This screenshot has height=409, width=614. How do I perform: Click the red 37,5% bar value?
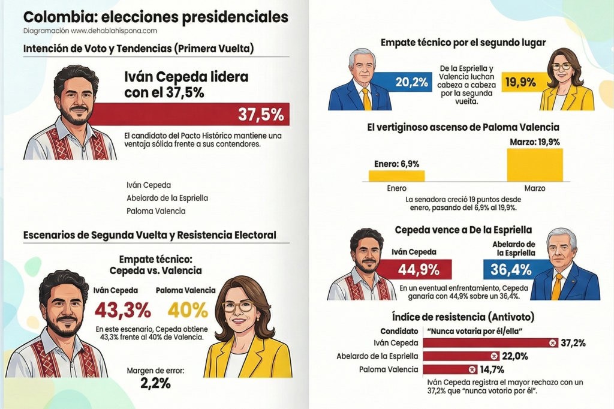[260, 115]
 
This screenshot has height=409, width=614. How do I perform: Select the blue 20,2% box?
[411, 83]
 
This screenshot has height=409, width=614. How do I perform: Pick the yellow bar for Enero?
[396, 176]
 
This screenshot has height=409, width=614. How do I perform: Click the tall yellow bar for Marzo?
[535, 165]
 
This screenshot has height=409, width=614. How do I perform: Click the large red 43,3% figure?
[122, 310]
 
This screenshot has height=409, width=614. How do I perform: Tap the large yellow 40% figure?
[188, 310]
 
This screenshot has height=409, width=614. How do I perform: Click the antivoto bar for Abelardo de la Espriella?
[462, 356]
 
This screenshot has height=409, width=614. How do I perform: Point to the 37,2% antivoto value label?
[573, 343]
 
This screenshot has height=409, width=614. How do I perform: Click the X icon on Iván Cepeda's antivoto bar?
[552, 343]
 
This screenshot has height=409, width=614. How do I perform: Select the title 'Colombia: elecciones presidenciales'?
[155, 17]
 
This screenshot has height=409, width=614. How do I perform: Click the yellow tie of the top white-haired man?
[366, 98]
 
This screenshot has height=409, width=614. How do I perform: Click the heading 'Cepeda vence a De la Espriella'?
[463, 230]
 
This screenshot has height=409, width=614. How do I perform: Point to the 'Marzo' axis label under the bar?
[535, 188]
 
